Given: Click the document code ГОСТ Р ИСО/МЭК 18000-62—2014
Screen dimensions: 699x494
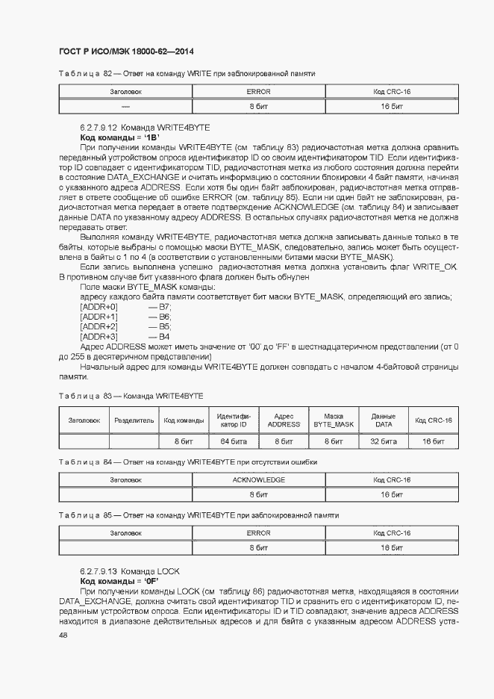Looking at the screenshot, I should (x=126, y=52).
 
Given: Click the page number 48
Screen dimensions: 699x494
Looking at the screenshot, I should (x=63, y=634).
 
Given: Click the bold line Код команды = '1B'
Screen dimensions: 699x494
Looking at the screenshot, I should (x=120, y=138).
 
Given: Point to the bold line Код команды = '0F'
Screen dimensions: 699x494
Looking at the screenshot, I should (x=119, y=580).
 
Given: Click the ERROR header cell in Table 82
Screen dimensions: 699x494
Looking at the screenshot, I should (x=258, y=91).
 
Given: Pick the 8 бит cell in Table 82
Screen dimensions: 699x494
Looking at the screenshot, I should (x=258, y=107).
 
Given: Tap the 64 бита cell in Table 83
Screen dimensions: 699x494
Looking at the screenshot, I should (x=234, y=441).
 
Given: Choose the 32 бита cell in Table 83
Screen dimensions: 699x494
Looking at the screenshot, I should (x=384, y=441).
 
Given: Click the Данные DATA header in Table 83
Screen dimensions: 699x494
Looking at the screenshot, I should (x=384, y=420).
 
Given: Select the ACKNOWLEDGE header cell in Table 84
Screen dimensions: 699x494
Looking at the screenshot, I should (x=258, y=479).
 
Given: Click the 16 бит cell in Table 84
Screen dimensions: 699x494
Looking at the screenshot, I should (x=392, y=494).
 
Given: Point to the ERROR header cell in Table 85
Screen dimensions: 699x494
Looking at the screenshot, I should (x=258, y=532).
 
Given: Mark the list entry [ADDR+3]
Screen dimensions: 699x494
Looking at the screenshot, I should (x=99, y=337).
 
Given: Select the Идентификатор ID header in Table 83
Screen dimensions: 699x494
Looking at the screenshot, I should (x=234, y=420).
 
